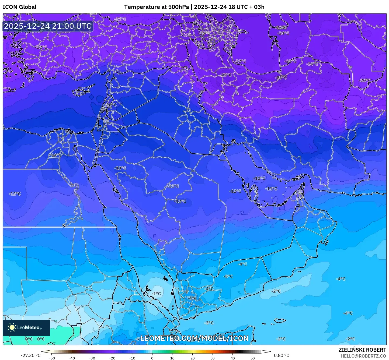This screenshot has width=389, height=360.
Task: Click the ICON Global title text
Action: [x=19, y=7]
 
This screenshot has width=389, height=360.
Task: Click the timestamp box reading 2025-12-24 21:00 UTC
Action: [x=48, y=26]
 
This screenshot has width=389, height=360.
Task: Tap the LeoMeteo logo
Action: [x=26, y=327]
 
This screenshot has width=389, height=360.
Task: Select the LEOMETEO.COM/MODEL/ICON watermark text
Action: [x=194, y=338]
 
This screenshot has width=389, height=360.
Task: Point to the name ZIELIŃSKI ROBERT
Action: [x=362, y=350]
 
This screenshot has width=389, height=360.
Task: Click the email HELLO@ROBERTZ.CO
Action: [x=363, y=356]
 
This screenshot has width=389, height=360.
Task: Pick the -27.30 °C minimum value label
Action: [x=30, y=355]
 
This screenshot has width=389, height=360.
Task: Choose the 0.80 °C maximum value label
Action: [x=282, y=355]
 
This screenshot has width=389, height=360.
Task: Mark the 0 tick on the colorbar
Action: [x=152, y=358]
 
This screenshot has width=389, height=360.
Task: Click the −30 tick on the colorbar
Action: [x=92, y=358]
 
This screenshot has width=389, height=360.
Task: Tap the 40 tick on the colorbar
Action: [x=232, y=358]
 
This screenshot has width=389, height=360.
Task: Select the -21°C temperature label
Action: [x=120, y=19]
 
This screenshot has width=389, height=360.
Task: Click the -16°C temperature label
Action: [x=111, y=105]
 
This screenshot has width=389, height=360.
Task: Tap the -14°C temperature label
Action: [x=55, y=155]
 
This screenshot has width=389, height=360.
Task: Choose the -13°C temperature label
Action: [x=120, y=168]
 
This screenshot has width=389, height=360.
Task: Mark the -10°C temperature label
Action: [x=259, y=178]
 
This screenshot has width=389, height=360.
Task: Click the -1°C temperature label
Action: [x=156, y=294]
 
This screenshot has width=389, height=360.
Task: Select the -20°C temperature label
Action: [x=365, y=80]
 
